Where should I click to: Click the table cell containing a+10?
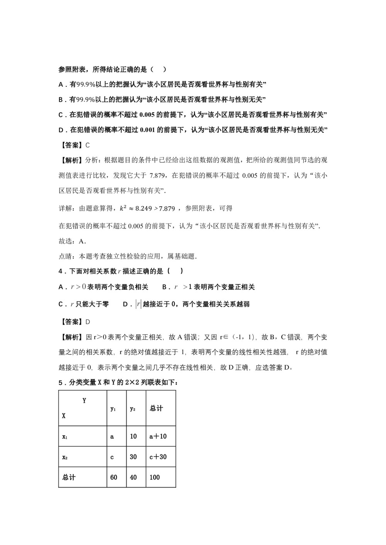(x=158, y=436)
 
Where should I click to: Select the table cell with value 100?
(x=154, y=477)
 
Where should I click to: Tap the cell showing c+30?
(x=158, y=457)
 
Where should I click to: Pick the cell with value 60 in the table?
(x=113, y=477)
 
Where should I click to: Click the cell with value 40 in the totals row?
(x=133, y=477)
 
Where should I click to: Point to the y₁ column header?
(x=113, y=409)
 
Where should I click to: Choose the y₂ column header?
(x=132, y=409)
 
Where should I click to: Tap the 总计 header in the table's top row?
(x=156, y=408)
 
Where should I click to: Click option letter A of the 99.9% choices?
(x=61, y=84)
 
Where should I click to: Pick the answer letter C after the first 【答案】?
(x=87, y=145)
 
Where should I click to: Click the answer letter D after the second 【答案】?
(x=87, y=322)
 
